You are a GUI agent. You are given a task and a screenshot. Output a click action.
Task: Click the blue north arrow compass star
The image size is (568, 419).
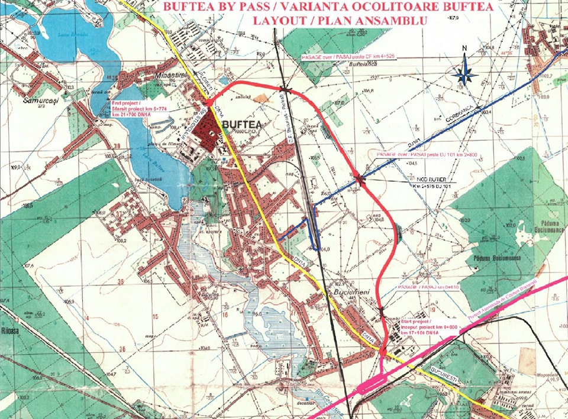(466, 72)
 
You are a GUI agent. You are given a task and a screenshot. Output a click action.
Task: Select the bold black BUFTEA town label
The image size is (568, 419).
(243, 125)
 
